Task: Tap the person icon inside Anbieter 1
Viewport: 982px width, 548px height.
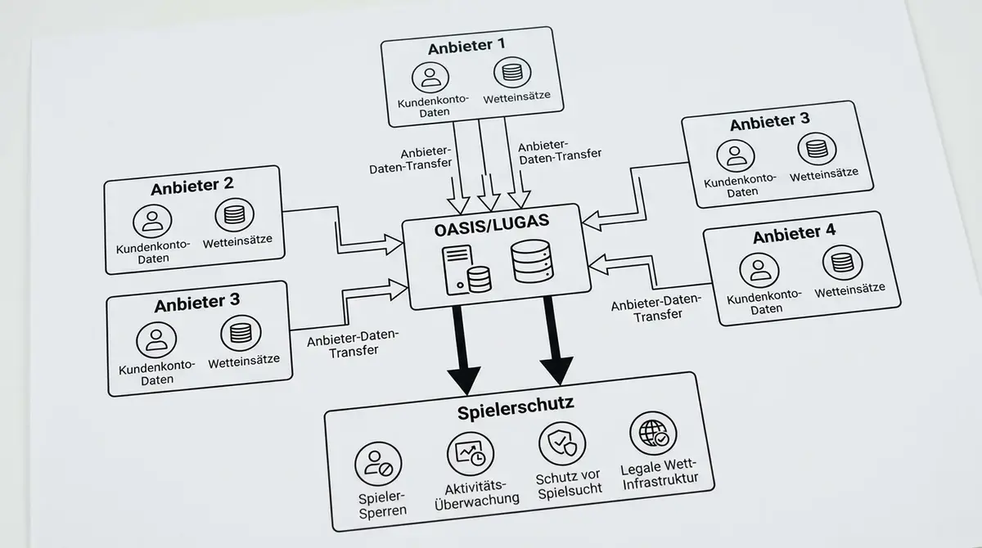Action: pos(430,78)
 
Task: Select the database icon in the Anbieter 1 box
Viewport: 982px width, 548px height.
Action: pos(512,72)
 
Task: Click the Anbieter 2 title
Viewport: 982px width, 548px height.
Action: pos(192,186)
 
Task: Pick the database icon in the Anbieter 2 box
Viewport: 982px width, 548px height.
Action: pos(235,214)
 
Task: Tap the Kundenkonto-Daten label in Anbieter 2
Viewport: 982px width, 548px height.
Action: pos(153,251)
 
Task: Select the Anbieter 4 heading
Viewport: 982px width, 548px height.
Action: pos(795,234)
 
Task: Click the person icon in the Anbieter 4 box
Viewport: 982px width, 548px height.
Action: pos(759,270)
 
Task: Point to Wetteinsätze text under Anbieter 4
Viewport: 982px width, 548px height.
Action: pos(850,290)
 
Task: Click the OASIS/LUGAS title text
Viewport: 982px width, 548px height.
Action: pos(492,225)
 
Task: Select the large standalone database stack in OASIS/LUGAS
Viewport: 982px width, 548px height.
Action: pos(532,261)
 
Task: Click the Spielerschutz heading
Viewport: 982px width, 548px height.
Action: pos(516,408)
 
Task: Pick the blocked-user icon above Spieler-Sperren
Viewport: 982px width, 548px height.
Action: pos(378,464)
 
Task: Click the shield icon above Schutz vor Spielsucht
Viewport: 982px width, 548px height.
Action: pos(562,444)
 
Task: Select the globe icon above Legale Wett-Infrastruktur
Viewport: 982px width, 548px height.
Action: pos(653,433)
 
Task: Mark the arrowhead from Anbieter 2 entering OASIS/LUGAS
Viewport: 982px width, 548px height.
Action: pos(394,245)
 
